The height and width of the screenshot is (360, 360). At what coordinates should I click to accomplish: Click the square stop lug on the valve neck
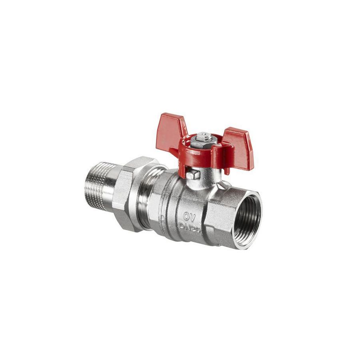[194, 175]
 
